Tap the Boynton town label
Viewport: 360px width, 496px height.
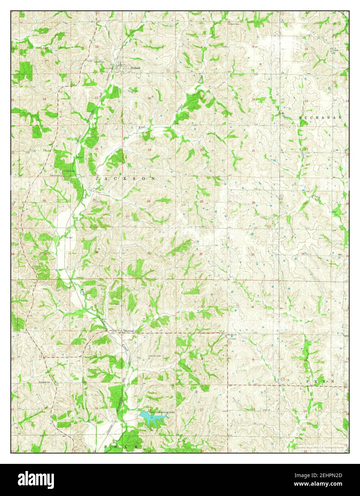pos(129,331)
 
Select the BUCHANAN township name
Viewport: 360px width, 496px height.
pos(320,117)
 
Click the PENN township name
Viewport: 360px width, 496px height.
pos(320,381)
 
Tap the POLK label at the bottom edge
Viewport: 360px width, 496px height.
pos(121,447)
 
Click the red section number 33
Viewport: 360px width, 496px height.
pos(252,254)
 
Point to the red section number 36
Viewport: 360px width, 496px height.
pos(96,252)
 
